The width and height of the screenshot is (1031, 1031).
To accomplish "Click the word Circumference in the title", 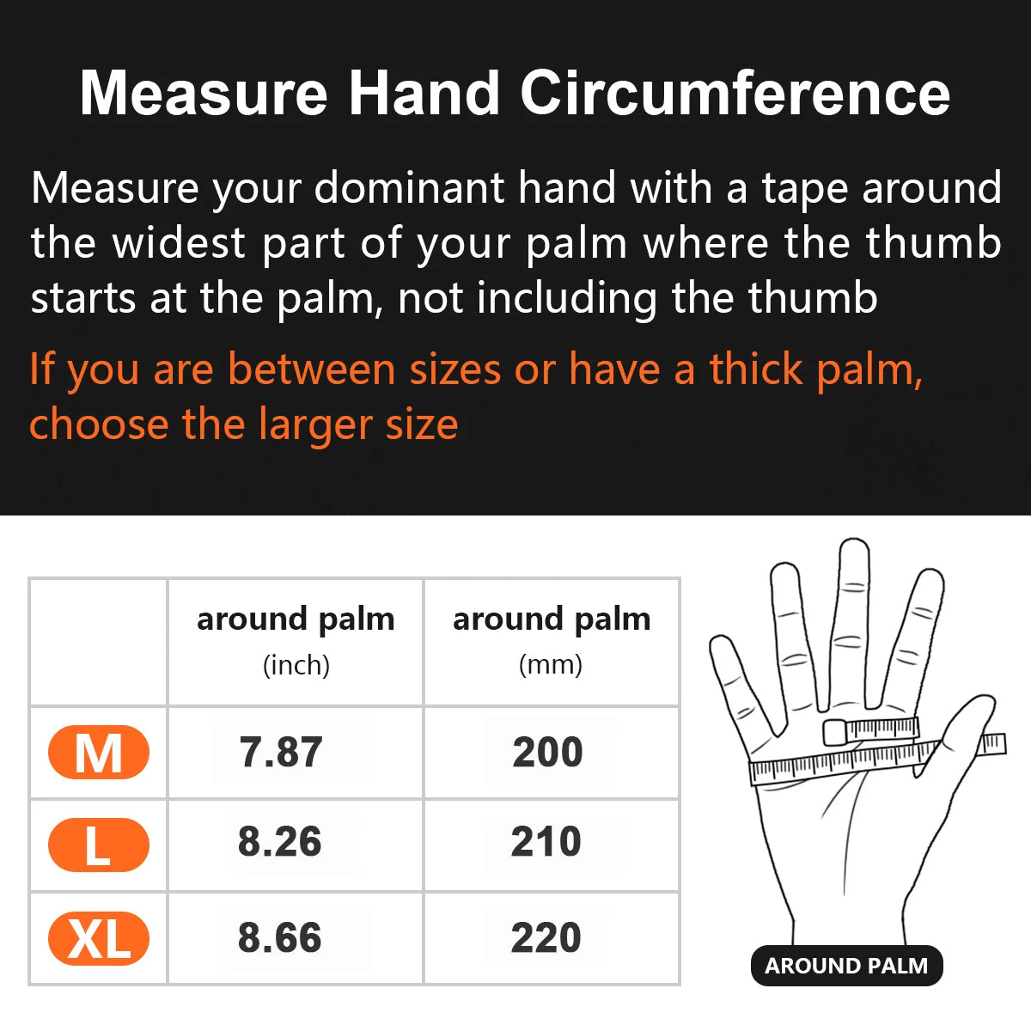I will (x=735, y=93).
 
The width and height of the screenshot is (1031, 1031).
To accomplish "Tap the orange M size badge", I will (x=99, y=753).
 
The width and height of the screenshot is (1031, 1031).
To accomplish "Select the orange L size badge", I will (x=99, y=845).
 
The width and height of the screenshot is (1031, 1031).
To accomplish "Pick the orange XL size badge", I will (x=99, y=937).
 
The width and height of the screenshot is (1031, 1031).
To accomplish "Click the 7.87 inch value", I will (x=281, y=753).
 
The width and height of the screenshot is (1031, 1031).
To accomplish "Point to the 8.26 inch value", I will (x=280, y=842).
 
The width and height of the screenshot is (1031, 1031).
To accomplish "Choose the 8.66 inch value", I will (x=280, y=937).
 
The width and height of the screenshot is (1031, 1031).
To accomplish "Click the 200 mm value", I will (x=548, y=753).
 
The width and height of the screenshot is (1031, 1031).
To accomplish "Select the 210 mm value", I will (x=546, y=842).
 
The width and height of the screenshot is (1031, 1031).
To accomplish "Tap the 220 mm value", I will (x=546, y=937).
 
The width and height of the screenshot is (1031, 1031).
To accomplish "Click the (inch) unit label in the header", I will (x=296, y=665).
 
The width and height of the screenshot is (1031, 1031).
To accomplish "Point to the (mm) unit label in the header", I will (x=551, y=664).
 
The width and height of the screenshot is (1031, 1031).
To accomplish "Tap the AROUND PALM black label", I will (x=846, y=966).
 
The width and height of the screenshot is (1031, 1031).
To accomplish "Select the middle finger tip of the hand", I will (x=853, y=558).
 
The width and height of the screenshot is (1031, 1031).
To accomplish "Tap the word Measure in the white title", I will (x=204, y=93).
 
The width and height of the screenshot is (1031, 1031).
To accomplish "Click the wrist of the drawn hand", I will (x=846, y=919).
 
